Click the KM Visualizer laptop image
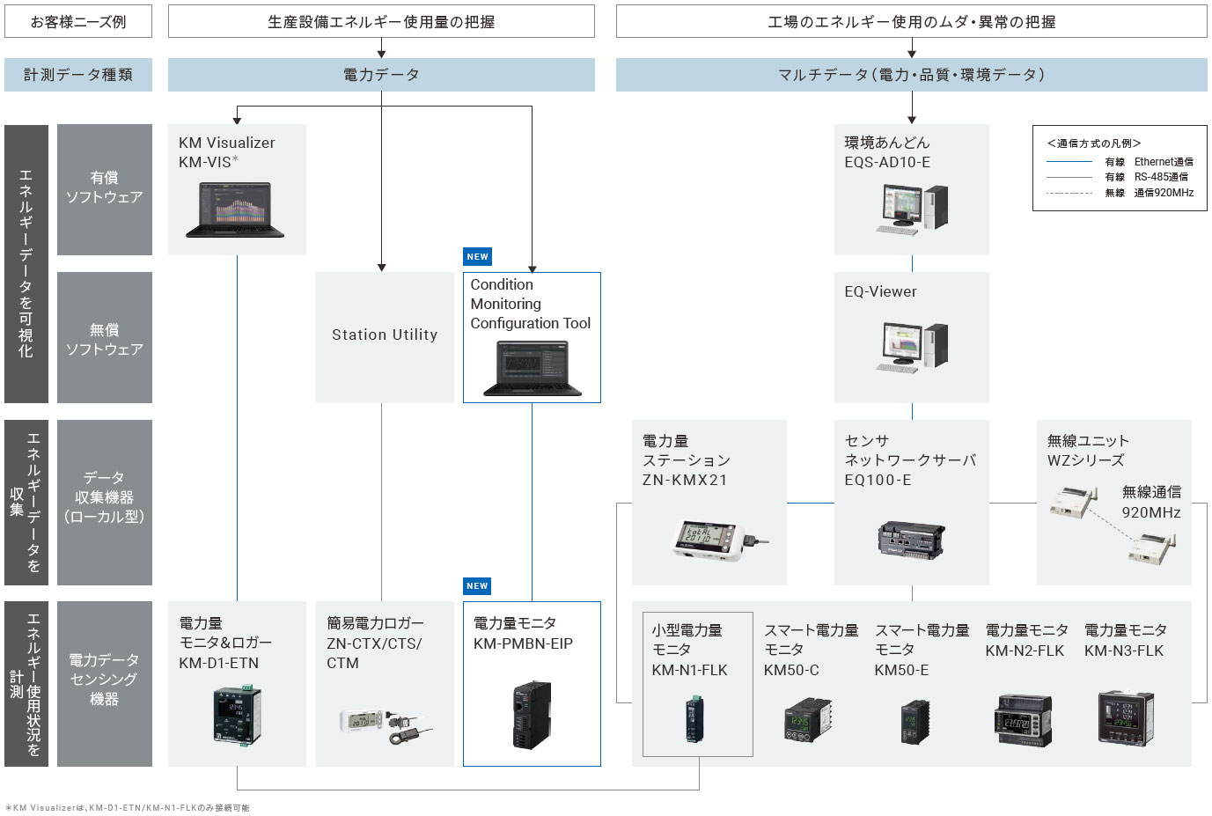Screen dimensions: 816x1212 click(235, 210)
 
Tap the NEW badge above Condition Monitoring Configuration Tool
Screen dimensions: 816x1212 click(477, 257)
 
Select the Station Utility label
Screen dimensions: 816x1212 click(385, 334)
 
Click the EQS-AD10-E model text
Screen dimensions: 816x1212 click(886, 163)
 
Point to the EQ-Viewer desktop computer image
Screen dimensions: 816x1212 click(912, 347)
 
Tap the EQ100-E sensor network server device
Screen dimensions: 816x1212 click(911, 538)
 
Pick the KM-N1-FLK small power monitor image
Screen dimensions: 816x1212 click(695, 717)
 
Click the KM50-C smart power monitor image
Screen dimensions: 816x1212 click(809, 719)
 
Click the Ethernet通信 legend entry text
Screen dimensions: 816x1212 click(1164, 162)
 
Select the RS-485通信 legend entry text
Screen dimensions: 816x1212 click(1161, 177)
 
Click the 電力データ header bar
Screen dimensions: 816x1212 click(381, 75)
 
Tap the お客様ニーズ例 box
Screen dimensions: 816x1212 click(78, 22)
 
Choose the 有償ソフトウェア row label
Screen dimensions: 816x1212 click(104, 188)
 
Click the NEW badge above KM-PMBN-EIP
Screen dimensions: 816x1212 click(477, 586)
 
